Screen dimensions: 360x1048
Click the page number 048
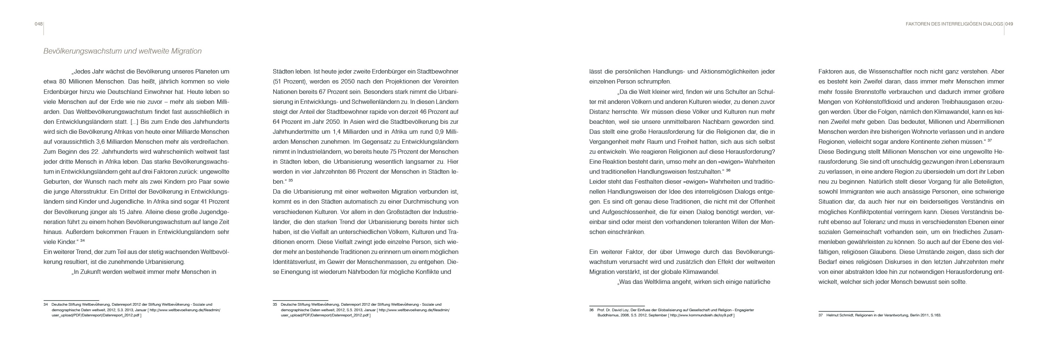pos(39,24)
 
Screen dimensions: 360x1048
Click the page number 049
pos(1009,24)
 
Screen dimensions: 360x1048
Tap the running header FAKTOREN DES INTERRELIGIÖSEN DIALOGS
pos(954,24)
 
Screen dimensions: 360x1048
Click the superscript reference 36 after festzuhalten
pos(728,170)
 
